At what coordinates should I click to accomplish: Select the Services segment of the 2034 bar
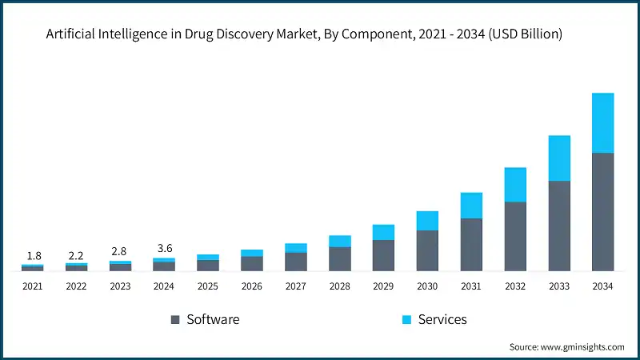[x=602, y=122]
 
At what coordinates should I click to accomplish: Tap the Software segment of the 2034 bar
[x=602, y=211]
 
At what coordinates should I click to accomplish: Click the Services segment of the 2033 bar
[x=559, y=158]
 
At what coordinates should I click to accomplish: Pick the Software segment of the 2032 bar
[x=515, y=236]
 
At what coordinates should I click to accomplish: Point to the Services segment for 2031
[x=471, y=206]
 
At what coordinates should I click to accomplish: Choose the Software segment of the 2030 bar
[x=427, y=250]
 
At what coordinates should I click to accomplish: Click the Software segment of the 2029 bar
[x=383, y=255]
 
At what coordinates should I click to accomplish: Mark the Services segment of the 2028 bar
[x=340, y=241]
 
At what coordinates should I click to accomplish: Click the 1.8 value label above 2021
[x=34, y=256]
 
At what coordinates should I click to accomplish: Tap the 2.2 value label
[x=76, y=256]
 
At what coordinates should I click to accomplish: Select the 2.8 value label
[x=120, y=253]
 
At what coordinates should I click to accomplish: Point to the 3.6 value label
[x=164, y=249]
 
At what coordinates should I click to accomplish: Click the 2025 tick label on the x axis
[x=208, y=286]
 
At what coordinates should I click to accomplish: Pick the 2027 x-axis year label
[x=296, y=286]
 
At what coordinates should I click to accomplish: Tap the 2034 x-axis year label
[x=602, y=286]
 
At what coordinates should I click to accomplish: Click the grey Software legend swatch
[x=175, y=320]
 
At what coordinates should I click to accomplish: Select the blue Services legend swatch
[x=406, y=320]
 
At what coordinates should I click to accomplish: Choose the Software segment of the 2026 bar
[x=252, y=263]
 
